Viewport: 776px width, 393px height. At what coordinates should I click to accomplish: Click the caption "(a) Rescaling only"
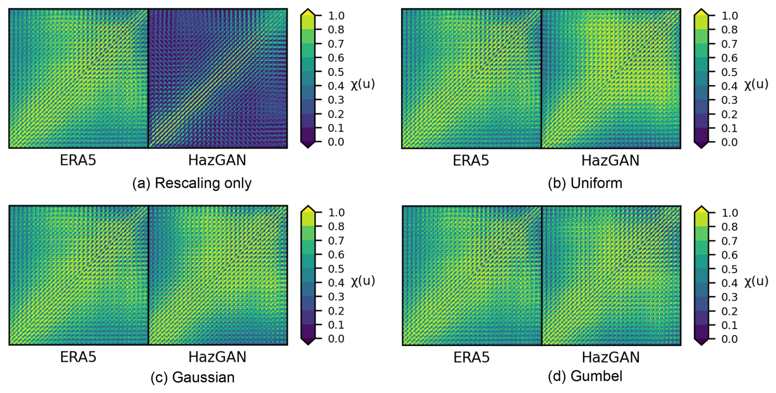[192, 183]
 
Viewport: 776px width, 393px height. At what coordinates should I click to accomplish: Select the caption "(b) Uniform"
[585, 183]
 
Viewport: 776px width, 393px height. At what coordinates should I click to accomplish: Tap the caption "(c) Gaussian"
[192, 377]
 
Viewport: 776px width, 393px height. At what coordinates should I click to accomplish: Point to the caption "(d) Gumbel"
[585, 376]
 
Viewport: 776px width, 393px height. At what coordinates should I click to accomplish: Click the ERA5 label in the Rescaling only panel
[78, 160]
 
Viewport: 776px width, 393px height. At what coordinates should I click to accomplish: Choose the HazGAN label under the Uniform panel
[610, 160]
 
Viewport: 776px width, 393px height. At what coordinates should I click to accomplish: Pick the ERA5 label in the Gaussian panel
[78, 357]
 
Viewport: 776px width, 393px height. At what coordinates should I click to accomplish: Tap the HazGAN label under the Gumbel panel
[610, 357]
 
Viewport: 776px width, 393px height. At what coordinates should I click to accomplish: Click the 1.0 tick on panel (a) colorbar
[336, 16]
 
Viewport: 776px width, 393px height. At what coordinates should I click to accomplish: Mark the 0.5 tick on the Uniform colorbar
[729, 72]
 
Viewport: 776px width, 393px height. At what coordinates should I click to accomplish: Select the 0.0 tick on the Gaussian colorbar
[336, 339]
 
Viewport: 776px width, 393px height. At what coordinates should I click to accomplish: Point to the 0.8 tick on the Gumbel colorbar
[729, 227]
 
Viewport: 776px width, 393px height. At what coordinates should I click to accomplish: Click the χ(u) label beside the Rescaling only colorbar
[363, 84]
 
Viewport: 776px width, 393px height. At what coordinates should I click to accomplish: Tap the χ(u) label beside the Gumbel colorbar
[756, 281]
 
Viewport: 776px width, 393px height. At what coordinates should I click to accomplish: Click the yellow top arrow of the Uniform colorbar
[701, 12]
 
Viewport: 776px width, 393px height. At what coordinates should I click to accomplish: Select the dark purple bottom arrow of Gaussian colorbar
[308, 341]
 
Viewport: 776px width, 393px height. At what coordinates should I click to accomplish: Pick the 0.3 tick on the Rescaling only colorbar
[336, 100]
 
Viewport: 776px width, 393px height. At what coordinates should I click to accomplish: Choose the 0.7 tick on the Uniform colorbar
[729, 44]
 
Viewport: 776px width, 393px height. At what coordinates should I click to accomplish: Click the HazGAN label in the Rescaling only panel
[217, 160]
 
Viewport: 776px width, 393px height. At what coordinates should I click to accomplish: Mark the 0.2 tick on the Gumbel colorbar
[729, 311]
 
